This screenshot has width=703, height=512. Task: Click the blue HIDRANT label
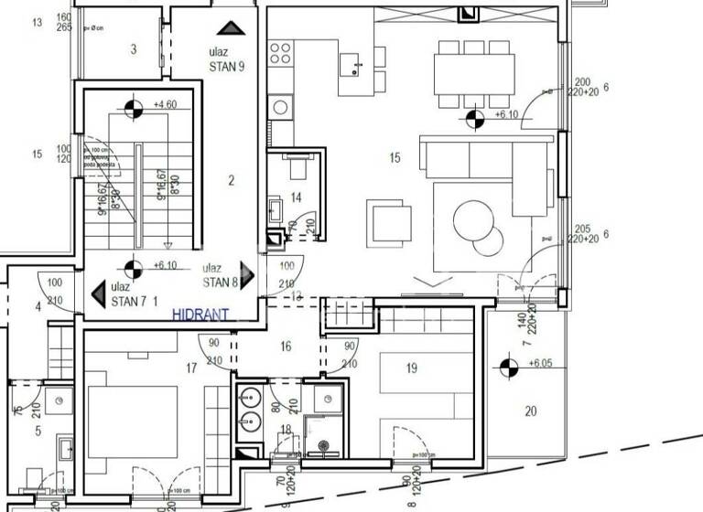tap(200, 314)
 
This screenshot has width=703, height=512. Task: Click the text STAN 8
tap(221, 283)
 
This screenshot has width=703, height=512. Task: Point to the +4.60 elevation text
tap(166, 105)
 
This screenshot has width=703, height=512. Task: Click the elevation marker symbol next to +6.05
tap(506, 368)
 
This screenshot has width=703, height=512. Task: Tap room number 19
tap(411, 368)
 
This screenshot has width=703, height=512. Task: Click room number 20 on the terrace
tap(531, 411)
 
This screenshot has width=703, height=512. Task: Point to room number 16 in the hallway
tap(286, 347)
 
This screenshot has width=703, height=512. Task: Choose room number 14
tap(296, 197)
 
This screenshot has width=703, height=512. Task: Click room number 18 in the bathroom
tap(286, 429)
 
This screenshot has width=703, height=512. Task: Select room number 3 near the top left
tap(134, 49)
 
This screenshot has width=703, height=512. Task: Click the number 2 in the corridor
tap(232, 181)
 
